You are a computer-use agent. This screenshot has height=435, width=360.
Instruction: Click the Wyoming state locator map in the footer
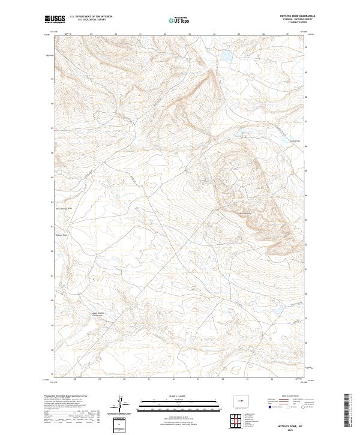click(x=240, y=399)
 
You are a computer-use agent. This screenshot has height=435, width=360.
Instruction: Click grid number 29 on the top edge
click(x=91, y=34)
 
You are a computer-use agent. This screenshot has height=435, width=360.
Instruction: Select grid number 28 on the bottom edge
click(x=75, y=379)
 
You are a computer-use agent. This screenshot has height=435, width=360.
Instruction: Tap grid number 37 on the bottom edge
click(x=296, y=379)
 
